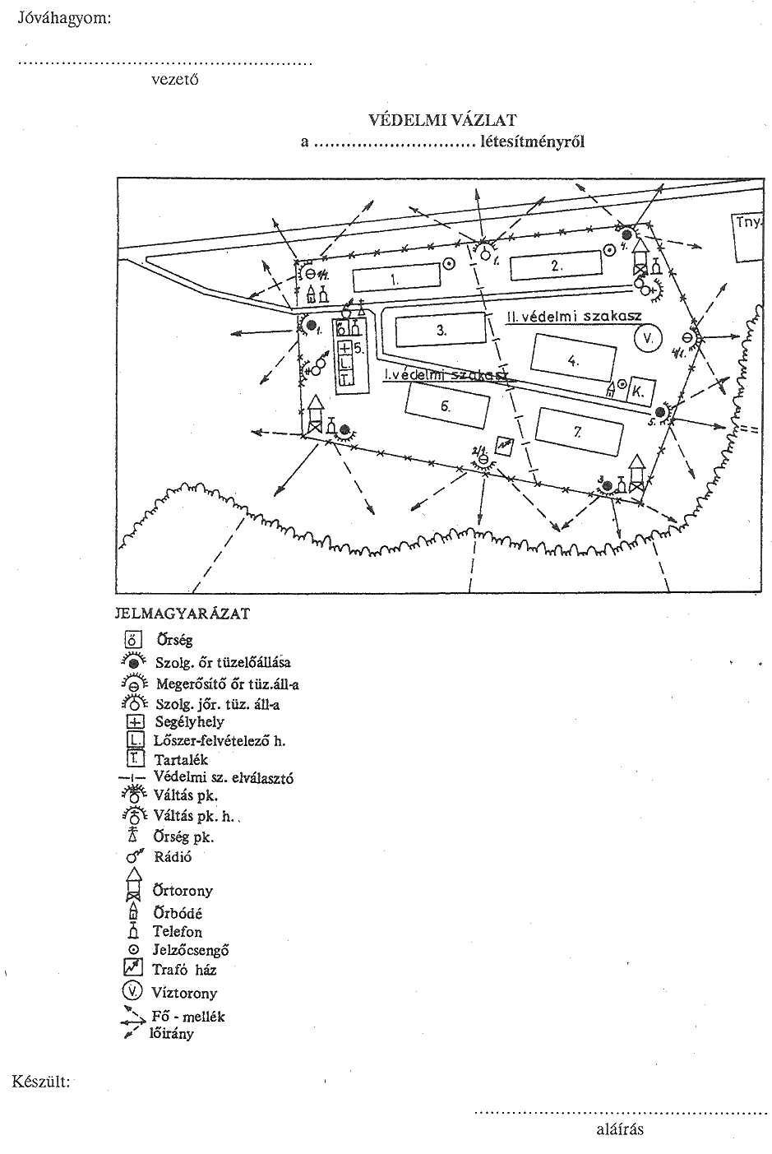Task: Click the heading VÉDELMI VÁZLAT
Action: (x=442, y=120)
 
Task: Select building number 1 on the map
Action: (x=396, y=277)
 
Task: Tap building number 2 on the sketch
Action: (x=556, y=265)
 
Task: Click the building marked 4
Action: (x=573, y=359)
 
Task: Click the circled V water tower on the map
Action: (x=647, y=337)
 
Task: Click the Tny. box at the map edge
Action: (x=748, y=238)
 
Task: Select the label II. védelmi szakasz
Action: (x=574, y=316)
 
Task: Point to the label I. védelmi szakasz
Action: (x=444, y=375)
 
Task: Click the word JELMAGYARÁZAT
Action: (x=183, y=614)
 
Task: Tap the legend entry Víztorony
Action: (x=184, y=993)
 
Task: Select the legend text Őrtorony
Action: (x=183, y=891)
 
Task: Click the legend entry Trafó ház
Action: (x=184, y=970)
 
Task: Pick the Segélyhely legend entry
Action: (x=189, y=722)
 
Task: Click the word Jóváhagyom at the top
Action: (x=64, y=18)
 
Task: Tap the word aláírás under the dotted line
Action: (x=619, y=1129)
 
